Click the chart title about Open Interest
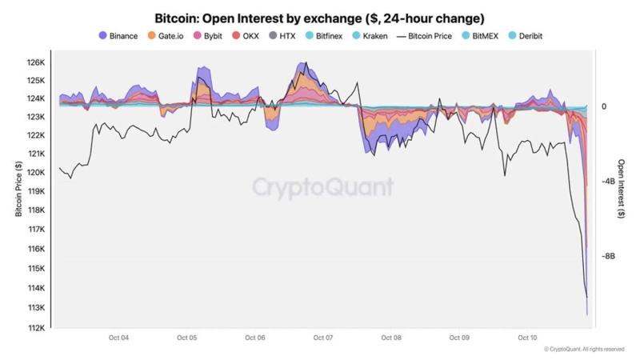click(319, 18)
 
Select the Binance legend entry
click(118, 36)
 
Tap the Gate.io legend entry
click(166, 36)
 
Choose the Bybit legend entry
click(209, 36)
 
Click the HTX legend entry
click(282, 36)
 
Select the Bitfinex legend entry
click(323, 36)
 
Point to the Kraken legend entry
click(370, 36)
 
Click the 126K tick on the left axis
click(36, 62)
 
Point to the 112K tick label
click(36, 327)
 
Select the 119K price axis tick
click(36, 192)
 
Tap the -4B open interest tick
click(608, 182)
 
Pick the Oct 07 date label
click(323, 338)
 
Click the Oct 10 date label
click(527, 338)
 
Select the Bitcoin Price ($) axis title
click(18, 189)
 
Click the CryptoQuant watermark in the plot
click(323, 187)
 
